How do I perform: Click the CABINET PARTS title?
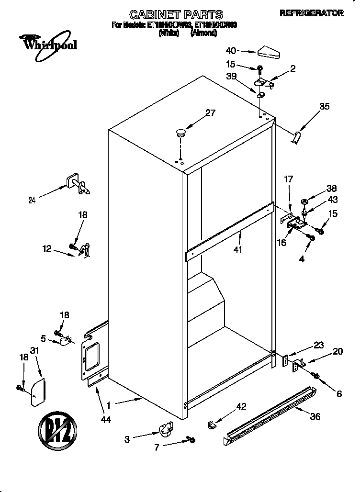click(x=176, y=14)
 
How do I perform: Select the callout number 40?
click(x=231, y=50)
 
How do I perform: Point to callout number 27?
click(x=210, y=113)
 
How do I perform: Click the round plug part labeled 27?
click(x=181, y=132)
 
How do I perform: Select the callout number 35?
click(x=324, y=107)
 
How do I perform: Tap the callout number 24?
click(x=32, y=201)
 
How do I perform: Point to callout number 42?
click(x=241, y=406)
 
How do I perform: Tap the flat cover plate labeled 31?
click(x=38, y=392)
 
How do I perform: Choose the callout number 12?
click(x=46, y=248)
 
